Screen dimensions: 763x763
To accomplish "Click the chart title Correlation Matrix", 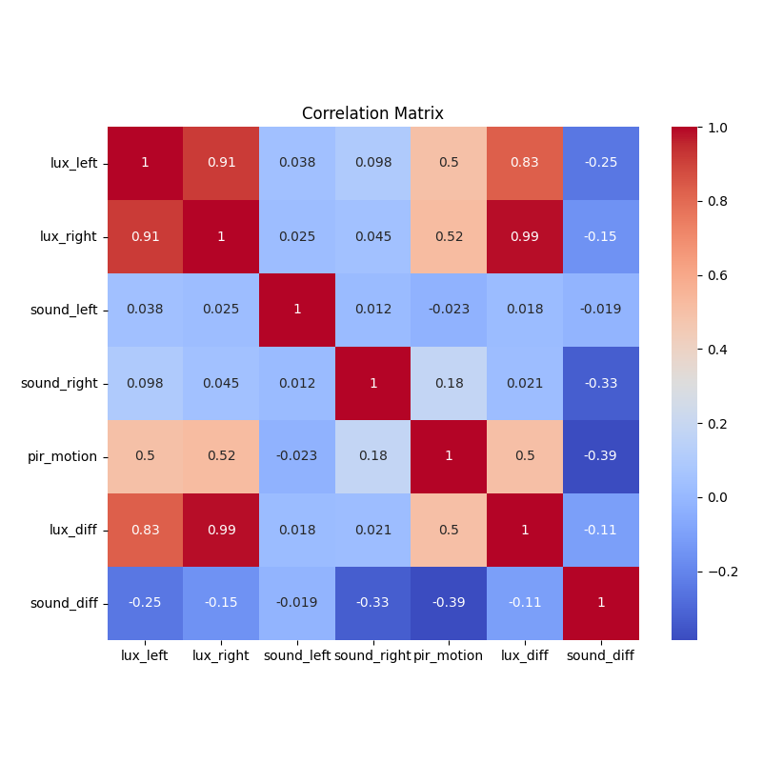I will tap(372, 113).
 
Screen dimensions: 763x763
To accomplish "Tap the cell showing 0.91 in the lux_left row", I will tap(221, 163).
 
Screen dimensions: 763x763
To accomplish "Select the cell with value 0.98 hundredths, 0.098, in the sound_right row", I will tap(145, 383).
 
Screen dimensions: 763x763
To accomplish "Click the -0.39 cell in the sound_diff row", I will tap(449, 603).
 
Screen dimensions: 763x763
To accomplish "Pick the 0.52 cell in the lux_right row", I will tap(449, 236).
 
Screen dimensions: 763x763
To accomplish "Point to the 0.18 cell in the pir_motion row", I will tap(373, 456).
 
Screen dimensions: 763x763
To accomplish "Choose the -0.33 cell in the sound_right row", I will tap(601, 383).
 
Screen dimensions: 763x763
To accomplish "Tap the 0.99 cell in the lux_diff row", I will tap(221, 530).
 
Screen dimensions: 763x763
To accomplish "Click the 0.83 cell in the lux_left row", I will tap(525, 163).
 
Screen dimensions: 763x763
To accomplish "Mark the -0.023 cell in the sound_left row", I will tap(449, 310).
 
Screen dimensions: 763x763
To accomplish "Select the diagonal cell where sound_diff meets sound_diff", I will tap(601, 603).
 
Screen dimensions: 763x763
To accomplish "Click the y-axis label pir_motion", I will tap(64, 456).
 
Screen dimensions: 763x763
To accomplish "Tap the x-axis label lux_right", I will tap(221, 655).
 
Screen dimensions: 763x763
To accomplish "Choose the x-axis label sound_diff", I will tap(600, 655).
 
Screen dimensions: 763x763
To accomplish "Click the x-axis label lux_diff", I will tap(525, 655).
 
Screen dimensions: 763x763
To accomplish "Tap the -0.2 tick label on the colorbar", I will tap(723, 572).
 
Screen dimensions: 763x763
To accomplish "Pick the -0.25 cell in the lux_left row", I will tap(601, 163).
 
